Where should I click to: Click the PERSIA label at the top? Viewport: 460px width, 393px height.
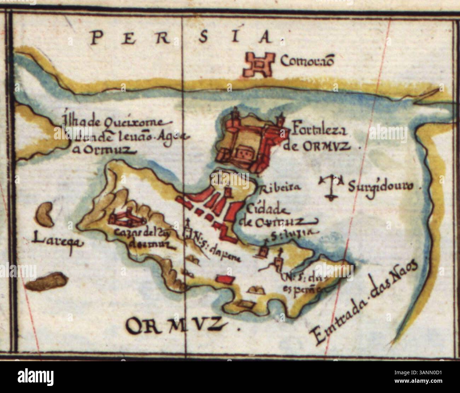pyautogui.click(x=184, y=37)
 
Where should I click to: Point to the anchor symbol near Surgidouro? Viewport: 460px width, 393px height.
pyautogui.click(x=332, y=186)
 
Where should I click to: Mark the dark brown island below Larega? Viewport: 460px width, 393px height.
pyautogui.click(x=48, y=281)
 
